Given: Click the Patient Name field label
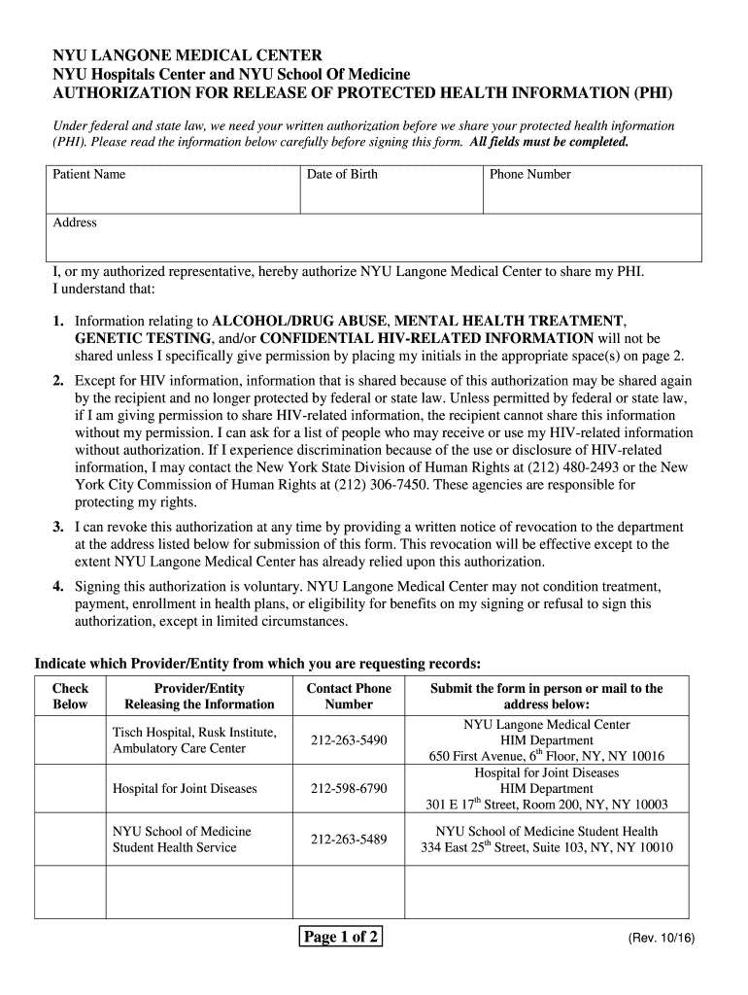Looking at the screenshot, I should [x=88, y=175].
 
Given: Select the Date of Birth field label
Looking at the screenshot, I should [x=342, y=175].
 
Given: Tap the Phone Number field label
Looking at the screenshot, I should [x=529, y=175].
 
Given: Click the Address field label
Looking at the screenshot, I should [x=75, y=223].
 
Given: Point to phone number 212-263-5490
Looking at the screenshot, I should [x=349, y=740].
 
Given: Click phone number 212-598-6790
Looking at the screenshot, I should [x=349, y=789].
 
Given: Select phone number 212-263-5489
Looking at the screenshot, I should [x=349, y=840].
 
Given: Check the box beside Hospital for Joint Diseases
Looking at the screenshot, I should [x=70, y=789].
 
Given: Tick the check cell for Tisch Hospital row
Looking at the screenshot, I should [x=70, y=740].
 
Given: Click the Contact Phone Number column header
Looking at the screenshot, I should [x=349, y=697].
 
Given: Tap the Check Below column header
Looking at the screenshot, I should [x=70, y=697].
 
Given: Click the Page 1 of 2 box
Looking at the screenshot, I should [x=340, y=938].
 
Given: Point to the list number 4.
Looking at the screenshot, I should [x=58, y=587].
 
